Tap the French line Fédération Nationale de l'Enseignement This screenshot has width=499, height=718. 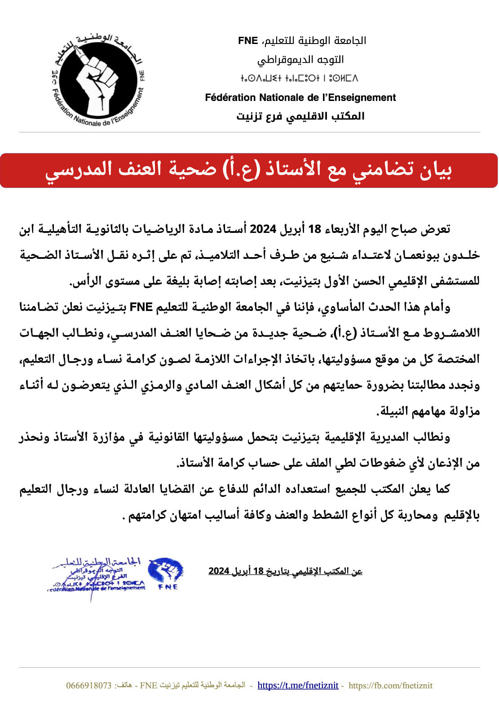[300, 97]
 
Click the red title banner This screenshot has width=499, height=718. [249, 170]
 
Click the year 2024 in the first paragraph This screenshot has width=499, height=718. [263, 229]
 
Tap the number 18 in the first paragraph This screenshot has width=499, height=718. [314, 229]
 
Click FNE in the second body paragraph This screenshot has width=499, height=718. [141, 307]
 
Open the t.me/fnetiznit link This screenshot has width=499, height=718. [298, 685]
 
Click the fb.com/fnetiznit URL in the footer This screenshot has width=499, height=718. [390, 685]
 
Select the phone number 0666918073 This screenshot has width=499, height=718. [88, 685]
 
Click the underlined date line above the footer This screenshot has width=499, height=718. [285, 571]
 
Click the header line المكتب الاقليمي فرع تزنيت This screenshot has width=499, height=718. [300, 116]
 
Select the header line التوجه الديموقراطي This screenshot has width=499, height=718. [300, 59]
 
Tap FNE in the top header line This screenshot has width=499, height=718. [248, 41]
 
